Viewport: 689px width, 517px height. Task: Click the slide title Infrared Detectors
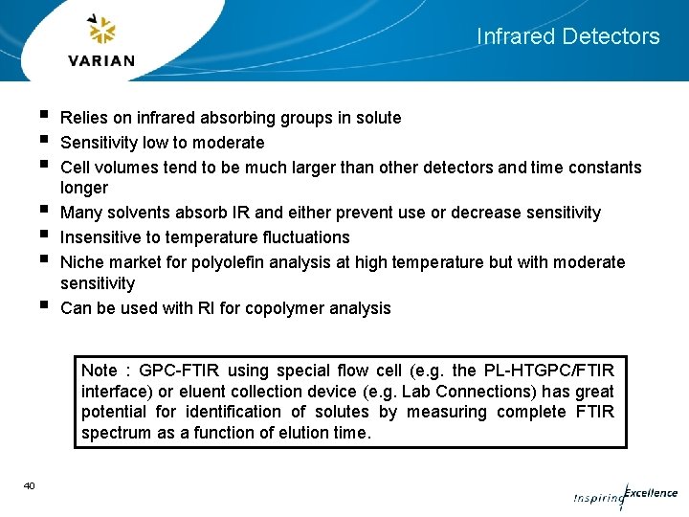[x=567, y=36]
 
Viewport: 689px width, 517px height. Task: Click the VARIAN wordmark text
[x=102, y=60]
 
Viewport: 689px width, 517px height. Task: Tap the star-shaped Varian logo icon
[x=101, y=31]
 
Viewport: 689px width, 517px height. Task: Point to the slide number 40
[x=29, y=486]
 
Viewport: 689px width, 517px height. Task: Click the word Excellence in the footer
[x=651, y=494]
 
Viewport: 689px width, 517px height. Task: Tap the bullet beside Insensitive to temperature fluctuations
[x=45, y=235]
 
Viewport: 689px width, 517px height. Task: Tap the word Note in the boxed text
[x=100, y=371]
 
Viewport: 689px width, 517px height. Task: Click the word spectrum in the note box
[x=117, y=433]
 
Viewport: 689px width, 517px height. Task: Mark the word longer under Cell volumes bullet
[x=84, y=188]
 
